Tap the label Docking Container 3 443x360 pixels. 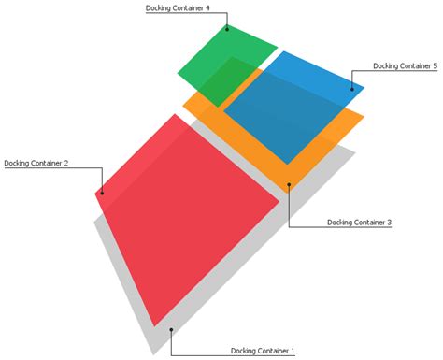pos(359,223)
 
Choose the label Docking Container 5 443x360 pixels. pos(405,66)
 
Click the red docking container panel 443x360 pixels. pos(182,220)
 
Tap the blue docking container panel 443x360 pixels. pos(290,103)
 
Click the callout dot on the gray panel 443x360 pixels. pos(171,329)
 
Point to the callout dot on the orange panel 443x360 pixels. pos(289,184)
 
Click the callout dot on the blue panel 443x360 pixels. pos(352,89)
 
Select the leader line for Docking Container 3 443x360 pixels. pos(289,210)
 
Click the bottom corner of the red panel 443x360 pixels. pos(153,327)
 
